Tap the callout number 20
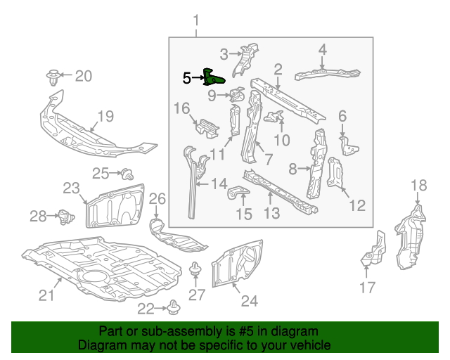[83, 75]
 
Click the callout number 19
[105, 116]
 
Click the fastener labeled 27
[195, 270]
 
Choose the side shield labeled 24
[239, 264]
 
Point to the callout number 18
[418, 185]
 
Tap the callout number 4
[322, 49]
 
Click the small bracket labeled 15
[240, 195]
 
